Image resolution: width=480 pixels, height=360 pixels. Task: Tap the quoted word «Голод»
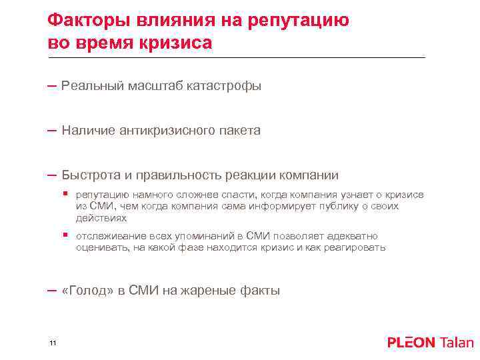pyautogui.click(x=85, y=291)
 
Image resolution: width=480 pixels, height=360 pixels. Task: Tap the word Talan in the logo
pyautogui.click(x=457, y=343)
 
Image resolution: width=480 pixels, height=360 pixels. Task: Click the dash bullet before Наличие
pyautogui.click(x=52, y=131)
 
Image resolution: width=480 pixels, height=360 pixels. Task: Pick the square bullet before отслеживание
pyautogui.click(x=65, y=236)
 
